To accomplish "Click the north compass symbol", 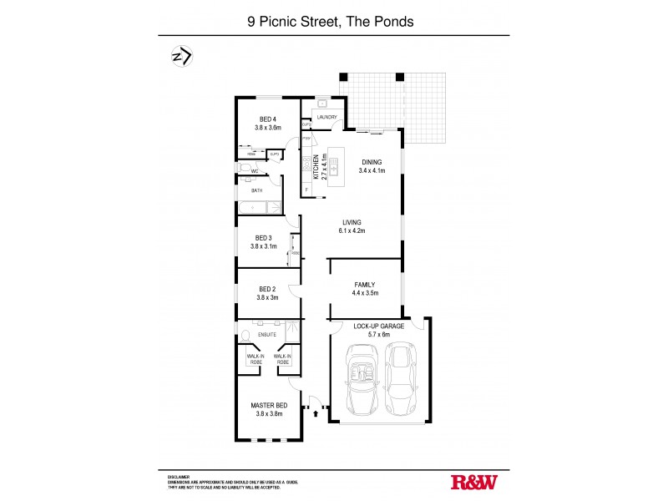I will tap(181, 57).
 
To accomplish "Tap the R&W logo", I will tap(474, 482).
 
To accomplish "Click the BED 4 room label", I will tap(267, 119).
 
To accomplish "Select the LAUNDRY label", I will tap(326, 118).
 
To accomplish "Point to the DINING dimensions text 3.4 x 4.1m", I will tap(372, 170).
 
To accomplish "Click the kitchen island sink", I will tap(334, 167).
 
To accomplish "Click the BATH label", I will tap(257, 190).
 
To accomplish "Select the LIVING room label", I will tap(351, 221).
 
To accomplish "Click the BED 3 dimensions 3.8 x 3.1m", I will tap(267, 247).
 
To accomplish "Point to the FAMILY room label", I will tap(365, 284).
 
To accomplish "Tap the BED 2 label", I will tap(267, 289).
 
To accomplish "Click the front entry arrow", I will tap(316, 412).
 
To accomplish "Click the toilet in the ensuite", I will tap(245, 337).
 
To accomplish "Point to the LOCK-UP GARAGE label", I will tap(378, 326).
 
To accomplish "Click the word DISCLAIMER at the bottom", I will tap(180, 475).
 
